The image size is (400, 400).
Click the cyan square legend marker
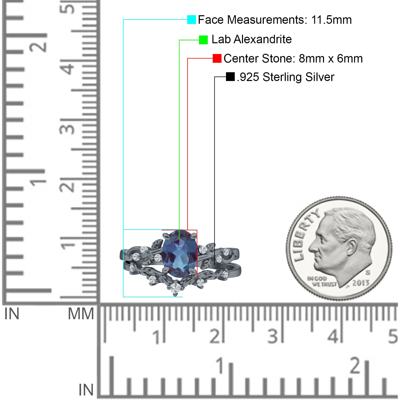191,19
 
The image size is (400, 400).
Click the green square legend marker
203,40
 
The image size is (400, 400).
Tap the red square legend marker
217,58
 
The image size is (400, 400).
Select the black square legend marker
230,77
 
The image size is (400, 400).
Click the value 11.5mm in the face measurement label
331,20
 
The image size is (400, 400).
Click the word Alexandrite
262,39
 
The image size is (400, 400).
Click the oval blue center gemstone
179,251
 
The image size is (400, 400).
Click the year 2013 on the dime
361,283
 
